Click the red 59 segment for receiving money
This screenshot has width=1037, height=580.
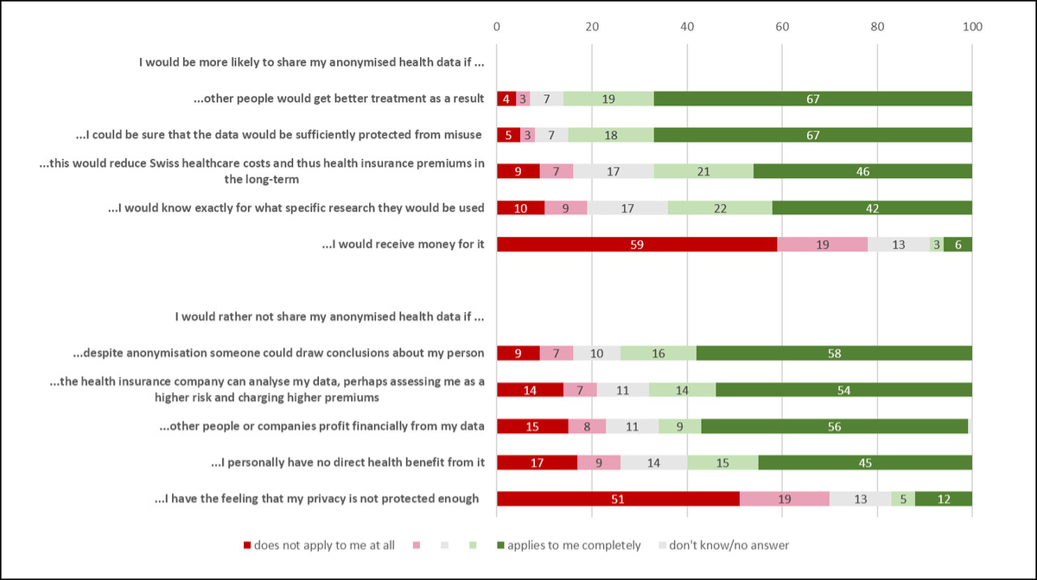pyautogui.click(x=636, y=245)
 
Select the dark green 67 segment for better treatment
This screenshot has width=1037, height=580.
pyautogui.click(x=812, y=99)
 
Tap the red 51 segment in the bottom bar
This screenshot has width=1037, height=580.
pyautogui.click(x=617, y=499)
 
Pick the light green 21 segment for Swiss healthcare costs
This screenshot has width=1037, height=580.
pyautogui.click(x=703, y=172)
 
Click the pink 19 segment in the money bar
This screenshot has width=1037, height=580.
pyautogui.click(x=822, y=245)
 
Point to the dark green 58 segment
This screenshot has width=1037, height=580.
pyautogui.click(x=834, y=353)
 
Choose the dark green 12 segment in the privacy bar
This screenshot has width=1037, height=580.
pyautogui.click(x=943, y=499)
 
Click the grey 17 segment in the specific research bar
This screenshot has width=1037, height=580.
pyautogui.click(x=627, y=208)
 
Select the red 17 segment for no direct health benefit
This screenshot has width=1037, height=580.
pyautogui.click(x=536, y=462)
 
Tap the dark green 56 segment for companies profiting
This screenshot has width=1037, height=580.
pyautogui.click(x=834, y=426)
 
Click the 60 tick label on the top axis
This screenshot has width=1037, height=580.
pyautogui.click(x=782, y=27)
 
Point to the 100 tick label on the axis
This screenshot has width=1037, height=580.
pyautogui.click(x=972, y=27)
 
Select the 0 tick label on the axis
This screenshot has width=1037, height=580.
pyautogui.click(x=497, y=27)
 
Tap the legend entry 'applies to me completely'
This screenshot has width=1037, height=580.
pyautogui.click(x=574, y=545)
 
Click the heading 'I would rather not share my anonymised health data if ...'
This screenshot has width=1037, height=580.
pyautogui.click(x=328, y=316)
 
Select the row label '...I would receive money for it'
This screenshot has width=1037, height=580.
pyautogui.click(x=403, y=245)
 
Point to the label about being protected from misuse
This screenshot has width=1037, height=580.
pyautogui.click(x=280, y=135)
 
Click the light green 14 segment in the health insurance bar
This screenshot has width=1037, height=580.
pyautogui.click(x=682, y=390)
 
